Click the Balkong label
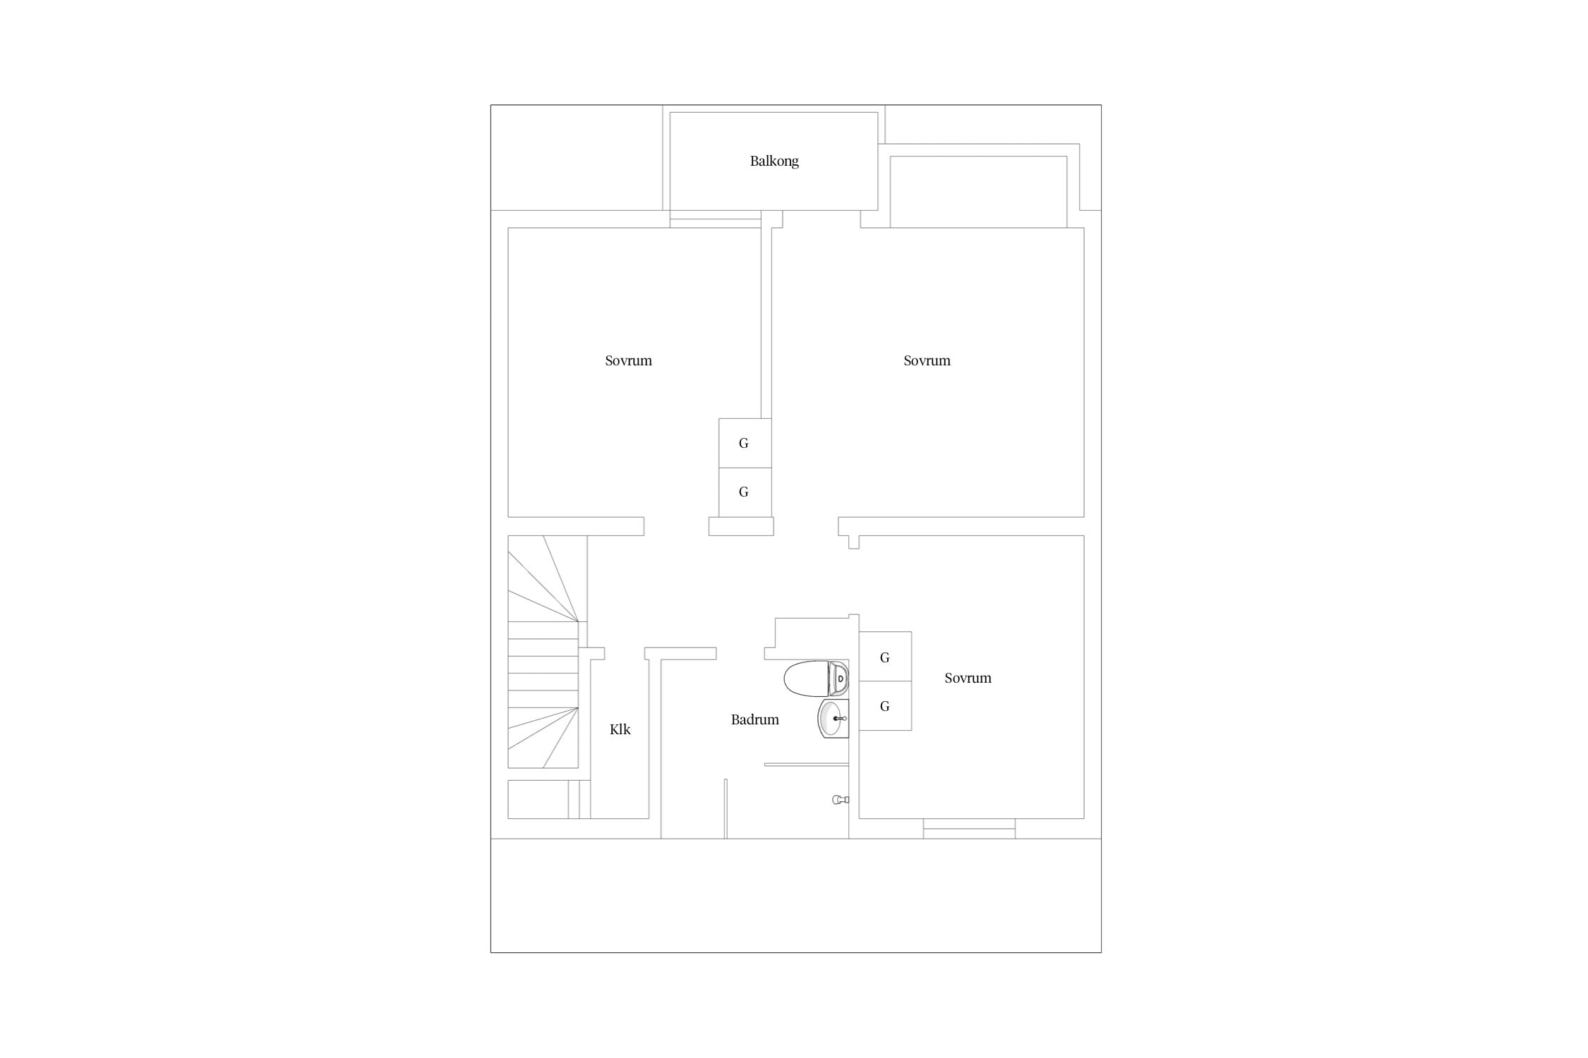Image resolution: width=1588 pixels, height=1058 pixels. tap(774, 162)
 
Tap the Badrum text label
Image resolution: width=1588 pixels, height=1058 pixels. tap(754, 719)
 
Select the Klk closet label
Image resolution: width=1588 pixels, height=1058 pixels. tap(620, 729)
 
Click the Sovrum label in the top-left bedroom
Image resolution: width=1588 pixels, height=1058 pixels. tap(628, 360)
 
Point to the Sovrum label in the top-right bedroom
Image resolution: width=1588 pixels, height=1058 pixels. tap(927, 360)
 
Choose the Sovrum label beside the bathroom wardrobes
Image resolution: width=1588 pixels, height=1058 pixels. tap(968, 678)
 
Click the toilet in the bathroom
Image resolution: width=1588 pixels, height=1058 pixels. tap(816, 679)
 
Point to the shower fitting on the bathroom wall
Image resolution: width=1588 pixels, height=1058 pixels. tap(841, 799)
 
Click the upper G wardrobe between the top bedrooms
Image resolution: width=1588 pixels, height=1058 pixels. tap(745, 443)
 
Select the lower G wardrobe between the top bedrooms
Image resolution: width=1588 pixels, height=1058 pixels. tap(745, 492)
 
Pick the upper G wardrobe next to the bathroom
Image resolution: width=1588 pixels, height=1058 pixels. tap(885, 657)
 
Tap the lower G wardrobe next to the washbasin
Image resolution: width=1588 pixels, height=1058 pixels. tap(885, 705)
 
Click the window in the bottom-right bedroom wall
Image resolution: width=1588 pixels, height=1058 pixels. tap(969, 829)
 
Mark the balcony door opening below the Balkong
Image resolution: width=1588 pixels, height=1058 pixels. tap(716, 219)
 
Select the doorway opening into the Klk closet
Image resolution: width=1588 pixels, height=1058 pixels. tap(625, 654)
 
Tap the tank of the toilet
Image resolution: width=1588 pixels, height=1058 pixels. tap(839, 679)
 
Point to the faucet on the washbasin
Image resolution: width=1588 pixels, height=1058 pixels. tap(840, 719)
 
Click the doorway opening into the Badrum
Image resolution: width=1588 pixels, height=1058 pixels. tap(740, 654)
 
